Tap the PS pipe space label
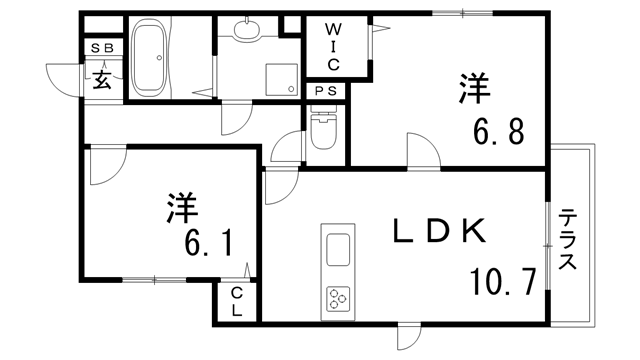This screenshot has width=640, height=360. coord(326,92)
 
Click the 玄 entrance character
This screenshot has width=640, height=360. coord(103,79)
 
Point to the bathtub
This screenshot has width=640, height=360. coord(153,60)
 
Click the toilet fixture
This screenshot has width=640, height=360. coord(324,130)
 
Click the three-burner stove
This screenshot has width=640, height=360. coord(337,296)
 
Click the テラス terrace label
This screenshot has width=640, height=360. coord(568,241)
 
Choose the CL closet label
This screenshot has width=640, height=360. coord(236,301)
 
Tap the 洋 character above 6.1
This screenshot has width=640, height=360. coord(181,209)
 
